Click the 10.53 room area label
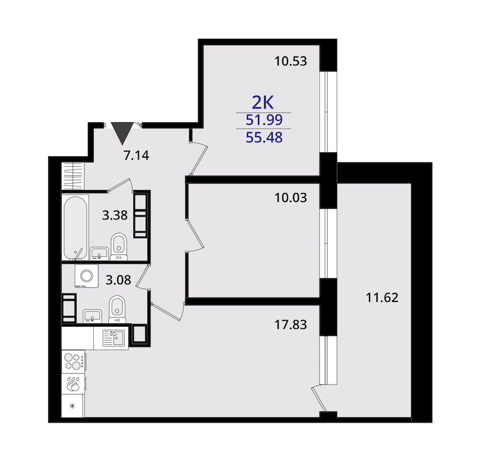290,61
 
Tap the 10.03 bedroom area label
290,198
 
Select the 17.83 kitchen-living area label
290,324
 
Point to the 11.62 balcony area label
382,298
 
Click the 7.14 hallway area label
136,155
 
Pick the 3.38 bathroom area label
115,215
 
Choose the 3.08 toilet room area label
118,280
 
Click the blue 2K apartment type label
263,102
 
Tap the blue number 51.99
264,120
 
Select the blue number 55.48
264,137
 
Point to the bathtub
76,227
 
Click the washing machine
86,276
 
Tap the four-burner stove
74,362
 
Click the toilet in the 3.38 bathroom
119,247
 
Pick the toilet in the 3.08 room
117,309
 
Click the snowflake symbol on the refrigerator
72,406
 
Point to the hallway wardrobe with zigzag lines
73,176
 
